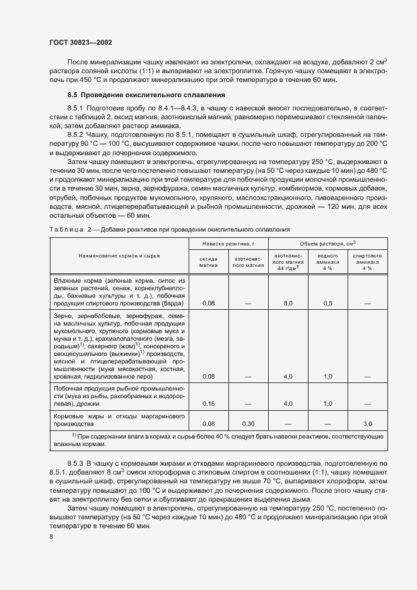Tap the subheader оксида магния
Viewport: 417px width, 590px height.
209,262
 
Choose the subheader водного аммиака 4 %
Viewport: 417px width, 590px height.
327,262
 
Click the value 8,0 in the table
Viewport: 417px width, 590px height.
288,304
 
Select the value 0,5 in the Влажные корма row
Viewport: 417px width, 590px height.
327,304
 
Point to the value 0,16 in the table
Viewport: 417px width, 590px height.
209,403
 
